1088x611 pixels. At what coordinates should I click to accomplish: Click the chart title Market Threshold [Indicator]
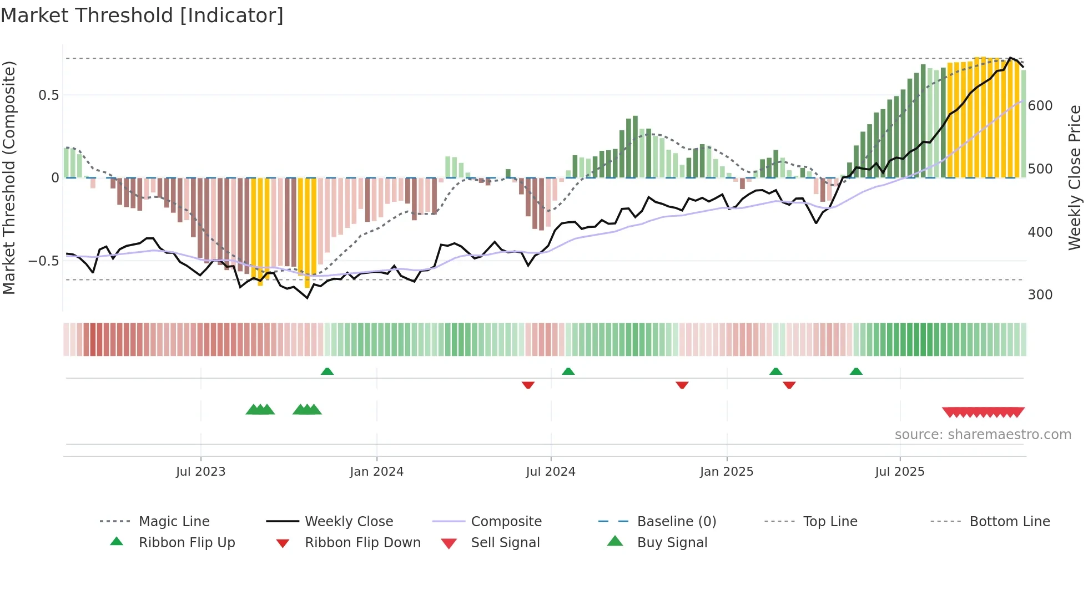[x=142, y=16]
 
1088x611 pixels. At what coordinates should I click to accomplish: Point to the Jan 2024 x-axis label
[x=376, y=472]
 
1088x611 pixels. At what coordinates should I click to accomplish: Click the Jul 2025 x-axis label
[x=899, y=472]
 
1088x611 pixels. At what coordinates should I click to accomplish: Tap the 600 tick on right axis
[x=1040, y=106]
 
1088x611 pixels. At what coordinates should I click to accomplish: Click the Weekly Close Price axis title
[x=1075, y=177]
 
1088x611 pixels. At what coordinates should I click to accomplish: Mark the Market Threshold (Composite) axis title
[x=9, y=177]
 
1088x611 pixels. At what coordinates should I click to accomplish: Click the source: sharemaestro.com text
[x=983, y=435]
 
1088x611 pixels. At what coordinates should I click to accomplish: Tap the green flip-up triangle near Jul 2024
[x=568, y=371]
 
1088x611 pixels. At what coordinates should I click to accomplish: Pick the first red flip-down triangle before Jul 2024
[x=528, y=385]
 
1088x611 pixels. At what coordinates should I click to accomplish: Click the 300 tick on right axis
[x=1040, y=295]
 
